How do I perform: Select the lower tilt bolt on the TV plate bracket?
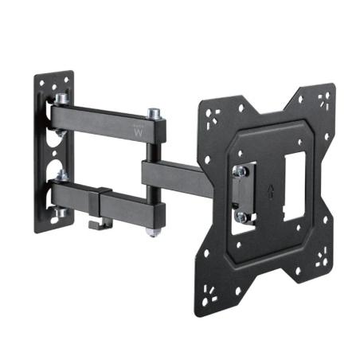point(238,215)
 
